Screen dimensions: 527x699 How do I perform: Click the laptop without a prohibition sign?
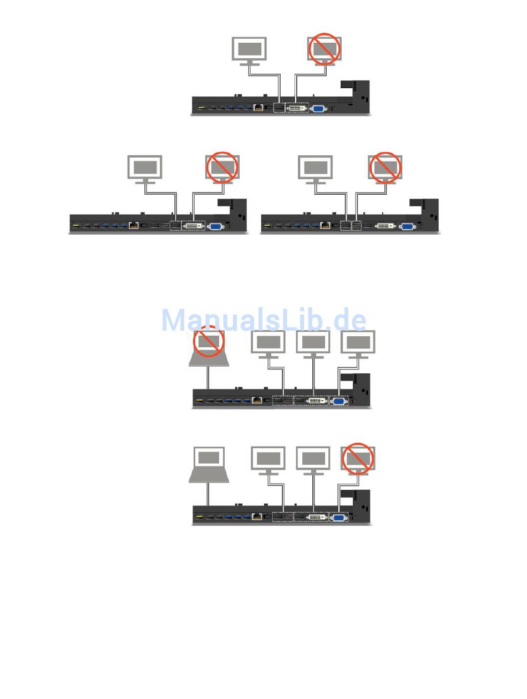pos(209,464)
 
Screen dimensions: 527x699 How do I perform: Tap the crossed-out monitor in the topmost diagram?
pos(325,49)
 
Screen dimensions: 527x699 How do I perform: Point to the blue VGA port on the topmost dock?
pos(318,108)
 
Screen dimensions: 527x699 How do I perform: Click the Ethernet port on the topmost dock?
pos(258,108)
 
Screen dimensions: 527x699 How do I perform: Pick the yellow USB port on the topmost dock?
pos(201,108)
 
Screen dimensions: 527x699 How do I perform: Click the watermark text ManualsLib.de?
pos(263,320)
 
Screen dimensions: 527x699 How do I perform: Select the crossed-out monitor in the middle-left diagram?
pos(222,168)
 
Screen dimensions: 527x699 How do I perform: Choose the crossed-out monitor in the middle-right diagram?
pos(386,168)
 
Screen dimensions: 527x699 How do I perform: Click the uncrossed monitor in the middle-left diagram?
pos(145,168)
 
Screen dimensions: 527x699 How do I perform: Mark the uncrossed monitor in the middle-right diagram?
pos(315,168)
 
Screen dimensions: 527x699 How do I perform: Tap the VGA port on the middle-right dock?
pos(407,226)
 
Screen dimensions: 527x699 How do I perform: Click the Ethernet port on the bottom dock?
pos(257,516)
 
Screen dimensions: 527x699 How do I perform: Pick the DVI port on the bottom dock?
pos(316,516)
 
